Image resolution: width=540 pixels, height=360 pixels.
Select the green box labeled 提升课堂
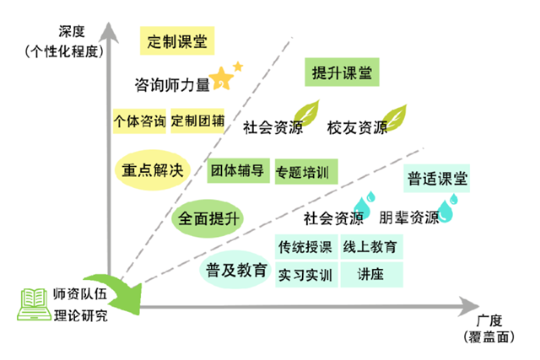coord(342,73)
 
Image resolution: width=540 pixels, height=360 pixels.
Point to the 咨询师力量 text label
coord(171,84)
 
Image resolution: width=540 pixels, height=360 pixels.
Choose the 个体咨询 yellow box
coord(139,121)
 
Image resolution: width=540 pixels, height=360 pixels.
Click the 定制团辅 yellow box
coord(197,121)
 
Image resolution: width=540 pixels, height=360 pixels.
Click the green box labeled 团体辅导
coord(238,170)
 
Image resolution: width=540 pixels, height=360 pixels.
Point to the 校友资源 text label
coord(357,128)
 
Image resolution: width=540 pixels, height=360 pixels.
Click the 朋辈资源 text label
coord(409,218)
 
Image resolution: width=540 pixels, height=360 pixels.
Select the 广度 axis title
coord(489,321)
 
